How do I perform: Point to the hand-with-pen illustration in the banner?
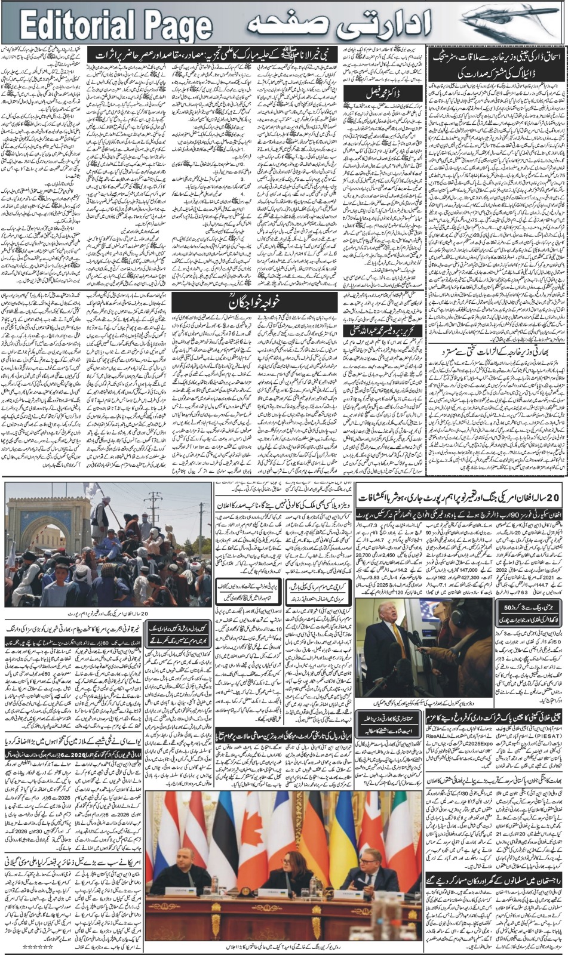pyautogui.click(x=514, y=23)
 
